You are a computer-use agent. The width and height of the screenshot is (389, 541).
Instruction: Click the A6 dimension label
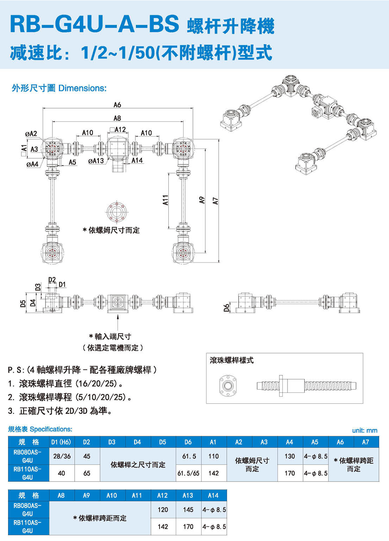click(117, 105)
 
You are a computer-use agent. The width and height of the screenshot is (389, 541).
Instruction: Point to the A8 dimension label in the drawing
click(117, 118)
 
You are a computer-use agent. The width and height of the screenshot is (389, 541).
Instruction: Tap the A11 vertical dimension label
click(165, 200)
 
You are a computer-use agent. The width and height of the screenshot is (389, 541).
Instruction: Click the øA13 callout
click(96, 161)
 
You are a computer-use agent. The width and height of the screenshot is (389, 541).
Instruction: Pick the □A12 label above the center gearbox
click(117, 130)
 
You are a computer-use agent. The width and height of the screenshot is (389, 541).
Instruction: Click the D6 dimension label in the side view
click(226, 308)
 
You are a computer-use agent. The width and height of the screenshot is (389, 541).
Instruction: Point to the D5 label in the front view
click(23, 303)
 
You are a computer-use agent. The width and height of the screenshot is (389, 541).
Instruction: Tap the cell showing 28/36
click(62, 456)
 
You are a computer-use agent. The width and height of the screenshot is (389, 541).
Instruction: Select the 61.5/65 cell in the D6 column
click(188, 473)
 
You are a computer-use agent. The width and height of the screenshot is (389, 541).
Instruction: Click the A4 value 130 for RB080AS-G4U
click(289, 456)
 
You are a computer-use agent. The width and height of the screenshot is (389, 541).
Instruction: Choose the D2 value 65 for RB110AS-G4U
click(87, 473)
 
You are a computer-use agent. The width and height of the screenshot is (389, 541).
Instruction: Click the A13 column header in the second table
click(188, 495)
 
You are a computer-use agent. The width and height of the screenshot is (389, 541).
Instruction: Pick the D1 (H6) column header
click(61, 442)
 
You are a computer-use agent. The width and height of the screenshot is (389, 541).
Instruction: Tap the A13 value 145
click(188, 509)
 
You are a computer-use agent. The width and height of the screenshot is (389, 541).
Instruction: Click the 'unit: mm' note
click(364, 431)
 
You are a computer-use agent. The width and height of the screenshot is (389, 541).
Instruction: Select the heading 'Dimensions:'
click(82, 88)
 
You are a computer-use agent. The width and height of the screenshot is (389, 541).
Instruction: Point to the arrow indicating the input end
click(117, 322)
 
